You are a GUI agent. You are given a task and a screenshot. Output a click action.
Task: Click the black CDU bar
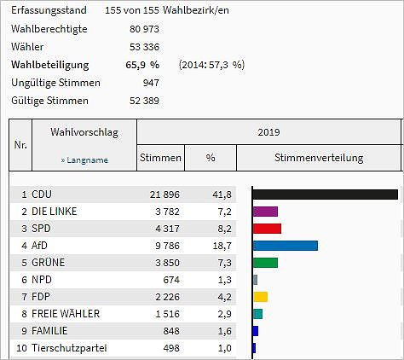click(325, 195)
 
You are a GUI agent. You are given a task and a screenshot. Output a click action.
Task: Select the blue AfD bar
click(286, 246)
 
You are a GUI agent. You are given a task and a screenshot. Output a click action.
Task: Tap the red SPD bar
click(267, 229)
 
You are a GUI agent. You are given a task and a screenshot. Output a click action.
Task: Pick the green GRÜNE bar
click(265, 263)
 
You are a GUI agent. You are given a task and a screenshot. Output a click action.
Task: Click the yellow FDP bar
click(260, 297)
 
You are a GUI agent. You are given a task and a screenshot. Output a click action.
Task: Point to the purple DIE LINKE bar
click(265, 212)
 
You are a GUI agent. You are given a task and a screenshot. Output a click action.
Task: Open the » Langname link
click(84, 160)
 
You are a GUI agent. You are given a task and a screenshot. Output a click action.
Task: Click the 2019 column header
click(268, 133)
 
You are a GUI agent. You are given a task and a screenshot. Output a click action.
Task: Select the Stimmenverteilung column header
click(319, 158)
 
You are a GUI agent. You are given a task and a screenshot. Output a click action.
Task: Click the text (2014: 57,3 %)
click(211, 64)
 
